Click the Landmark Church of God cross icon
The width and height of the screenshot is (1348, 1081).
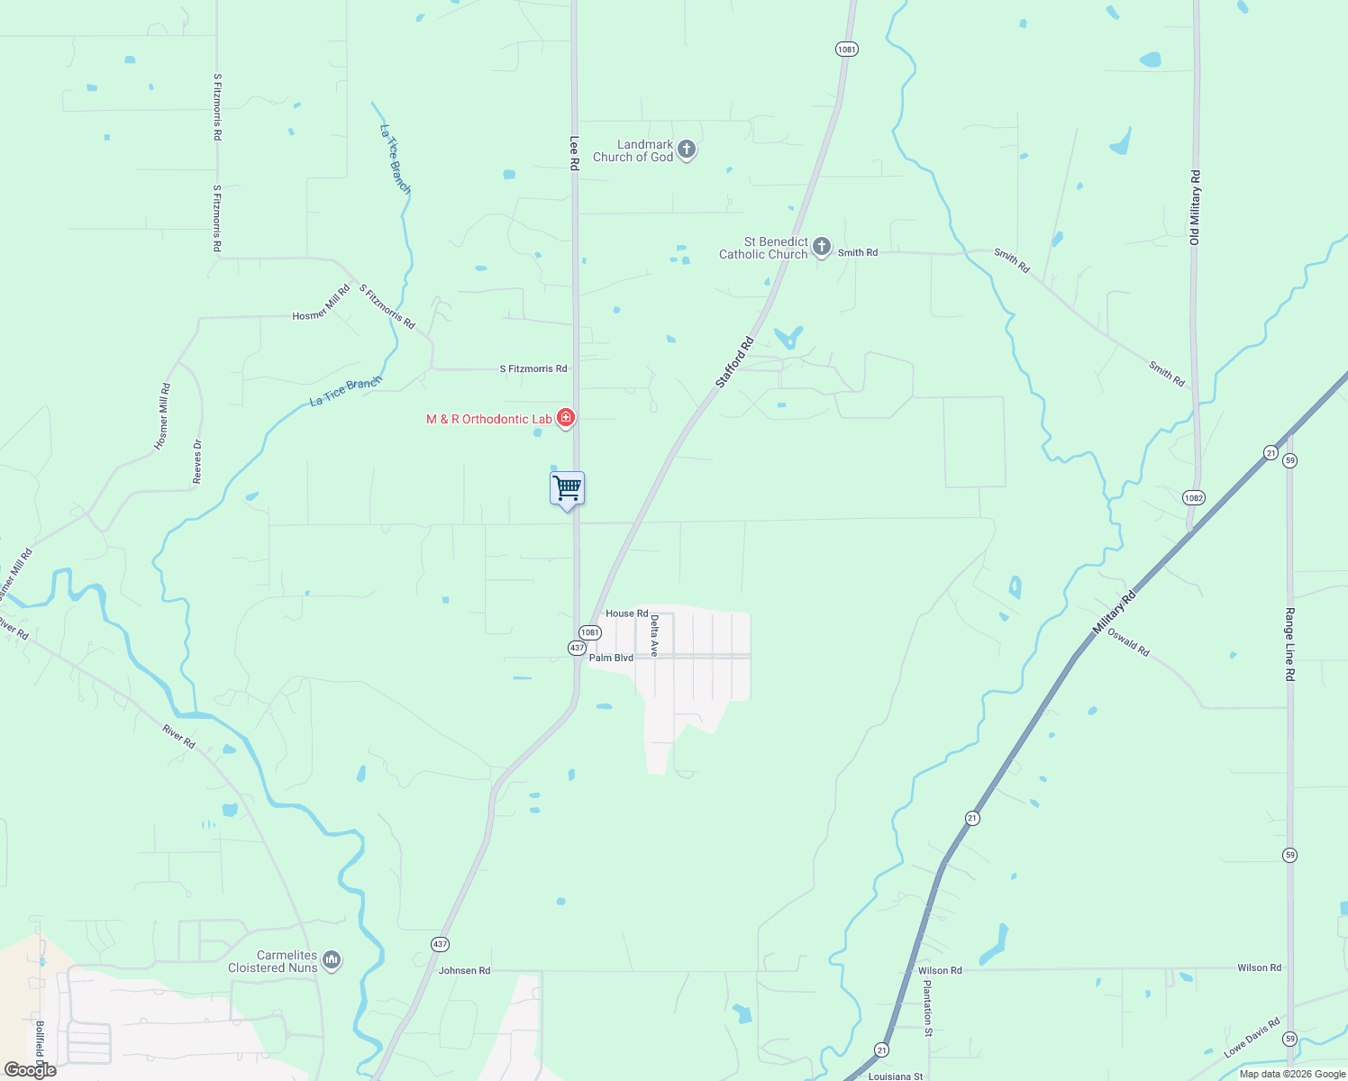(x=687, y=150)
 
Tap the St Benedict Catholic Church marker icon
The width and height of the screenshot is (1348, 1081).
(x=821, y=247)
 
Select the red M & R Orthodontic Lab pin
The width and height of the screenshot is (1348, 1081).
(x=566, y=418)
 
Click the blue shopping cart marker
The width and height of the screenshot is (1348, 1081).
(x=567, y=489)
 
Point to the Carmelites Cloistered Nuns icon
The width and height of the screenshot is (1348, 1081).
(x=332, y=961)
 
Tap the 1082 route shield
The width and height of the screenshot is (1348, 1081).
(x=1194, y=498)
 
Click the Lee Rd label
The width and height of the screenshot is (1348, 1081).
(x=574, y=153)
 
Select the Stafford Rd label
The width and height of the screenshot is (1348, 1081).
(x=733, y=363)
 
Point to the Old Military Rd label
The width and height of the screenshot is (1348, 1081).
(x=1195, y=207)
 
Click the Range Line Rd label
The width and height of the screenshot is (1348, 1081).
(x=1289, y=644)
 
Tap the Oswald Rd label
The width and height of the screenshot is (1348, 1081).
(x=1128, y=642)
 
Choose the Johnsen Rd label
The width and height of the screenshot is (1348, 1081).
(x=464, y=970)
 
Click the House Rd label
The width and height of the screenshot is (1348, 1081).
(x=626, y=613)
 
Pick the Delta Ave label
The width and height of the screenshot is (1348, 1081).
(x=655, y=635)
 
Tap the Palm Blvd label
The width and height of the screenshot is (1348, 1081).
(x=611, y=658)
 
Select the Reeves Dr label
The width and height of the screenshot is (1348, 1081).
(x=197, y=462)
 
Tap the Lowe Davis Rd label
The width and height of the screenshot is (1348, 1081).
(x=1252, y=1038)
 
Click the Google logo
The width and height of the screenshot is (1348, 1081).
(x=31, y=1070)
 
